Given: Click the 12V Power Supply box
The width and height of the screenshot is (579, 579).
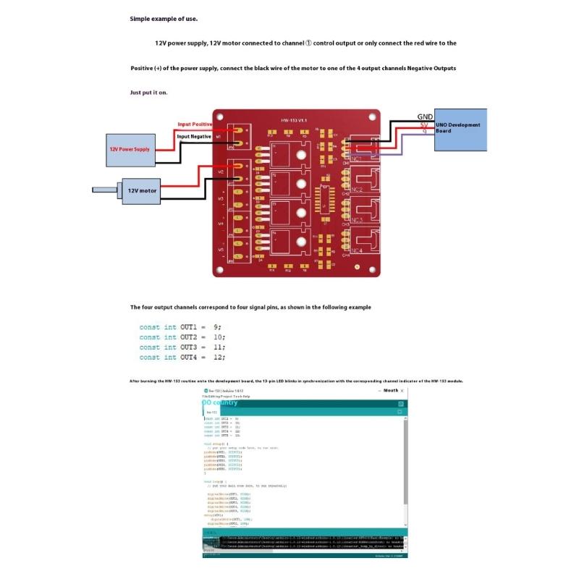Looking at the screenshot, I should point(130,149).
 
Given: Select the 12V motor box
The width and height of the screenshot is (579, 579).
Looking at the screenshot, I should point(142,191).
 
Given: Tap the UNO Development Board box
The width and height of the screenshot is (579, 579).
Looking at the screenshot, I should point(461,128).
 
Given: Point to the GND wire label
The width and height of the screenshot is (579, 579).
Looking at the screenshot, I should point(425,117).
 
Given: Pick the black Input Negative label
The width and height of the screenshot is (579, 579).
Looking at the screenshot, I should point(194,136).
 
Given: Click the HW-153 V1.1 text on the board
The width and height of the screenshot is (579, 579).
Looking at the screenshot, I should point(294,119).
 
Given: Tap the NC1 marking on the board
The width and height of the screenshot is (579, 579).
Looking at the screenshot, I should point(355,159).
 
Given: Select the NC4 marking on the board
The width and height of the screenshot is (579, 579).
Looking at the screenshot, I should point(355,250).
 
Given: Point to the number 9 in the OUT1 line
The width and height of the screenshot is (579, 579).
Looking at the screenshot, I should point(216,327).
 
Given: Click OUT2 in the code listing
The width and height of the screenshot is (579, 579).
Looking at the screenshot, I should point(189,337).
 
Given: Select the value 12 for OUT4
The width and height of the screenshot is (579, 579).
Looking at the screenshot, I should point(218,358).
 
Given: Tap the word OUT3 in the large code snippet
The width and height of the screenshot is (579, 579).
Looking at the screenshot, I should point(189,347).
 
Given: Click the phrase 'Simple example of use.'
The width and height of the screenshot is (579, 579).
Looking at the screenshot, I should point(163,19).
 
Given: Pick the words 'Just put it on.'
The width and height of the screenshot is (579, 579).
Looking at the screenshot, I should point(148,93).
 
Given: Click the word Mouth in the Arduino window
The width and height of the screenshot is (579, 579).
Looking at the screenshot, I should point(391,391).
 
